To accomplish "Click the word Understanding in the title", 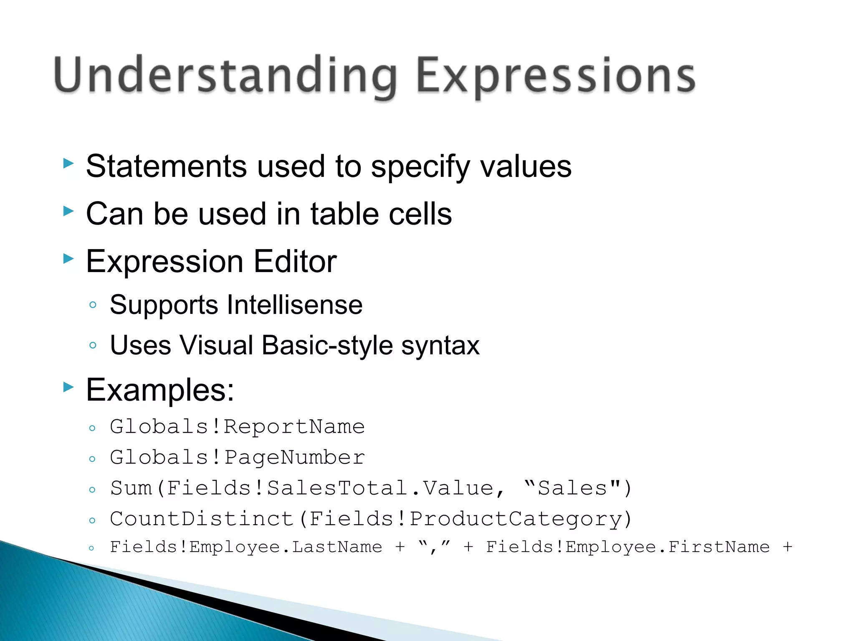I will (225, 76).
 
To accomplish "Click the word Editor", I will (295, 262).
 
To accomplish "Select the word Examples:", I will (160, 390).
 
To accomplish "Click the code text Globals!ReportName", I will (237, 427).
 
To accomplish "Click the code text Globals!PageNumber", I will (237, 457).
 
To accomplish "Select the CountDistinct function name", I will (202, 519).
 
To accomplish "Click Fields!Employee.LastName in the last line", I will (246, 547).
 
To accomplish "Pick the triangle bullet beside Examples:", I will (68, 387).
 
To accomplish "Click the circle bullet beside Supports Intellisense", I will (93, 305).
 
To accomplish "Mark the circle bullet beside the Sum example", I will (92, 490).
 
